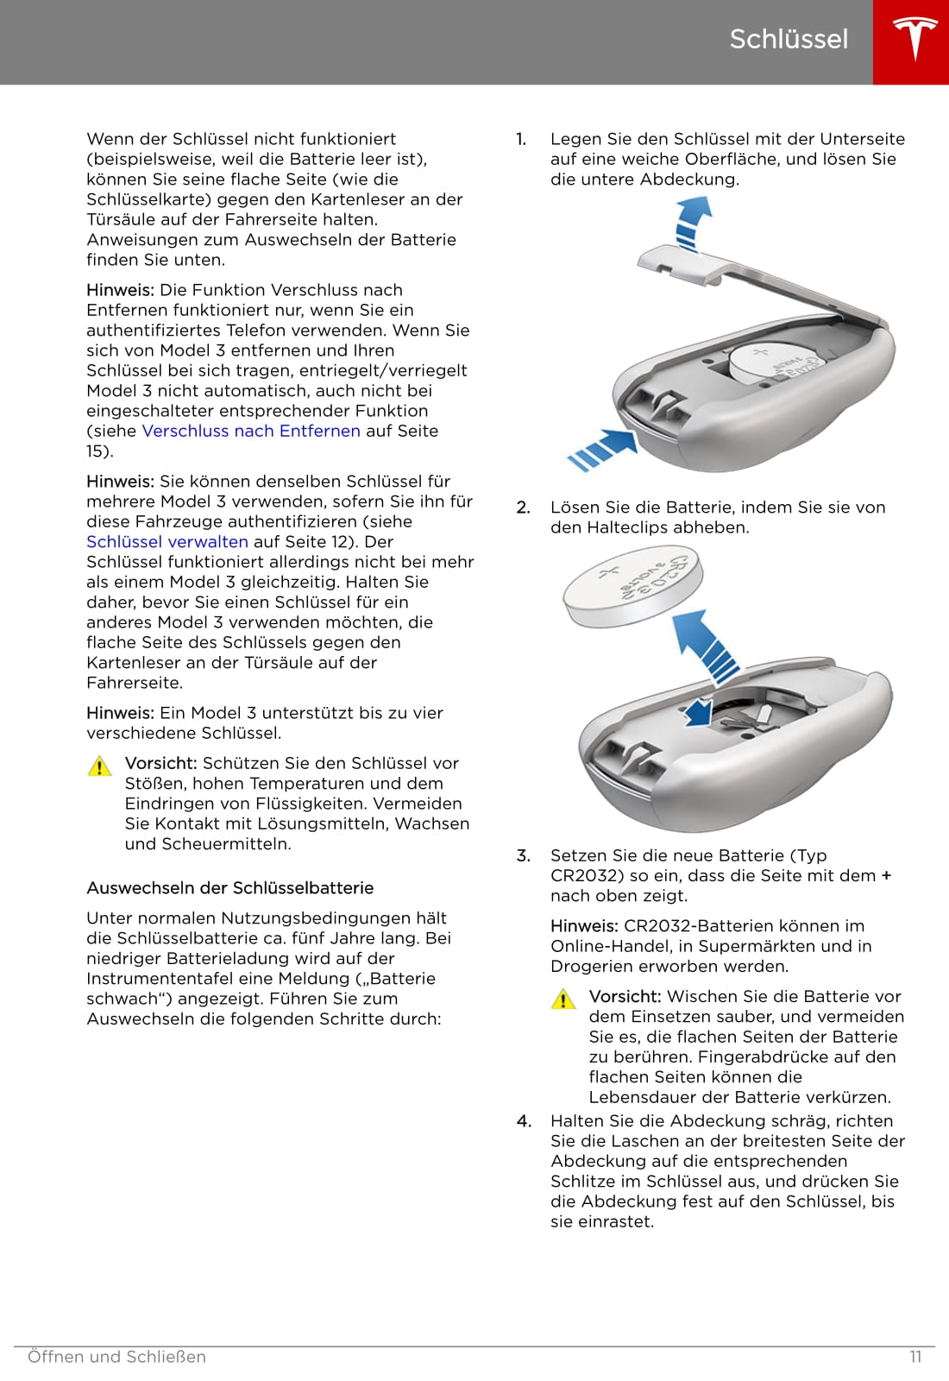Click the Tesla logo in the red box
click(x=911, y=41)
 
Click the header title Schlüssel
click(x=789, y=39)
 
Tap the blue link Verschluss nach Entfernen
click(x=251, y=431)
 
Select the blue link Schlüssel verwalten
click(x=167, y=541)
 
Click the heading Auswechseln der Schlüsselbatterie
click(x=230, y=887)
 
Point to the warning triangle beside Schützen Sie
click(x=100, y=766)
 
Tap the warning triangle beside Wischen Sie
click(x=563, y=999)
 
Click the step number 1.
click(x=521, y=139)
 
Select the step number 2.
click(x=523, y=508)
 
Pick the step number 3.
click(x=523, y=855)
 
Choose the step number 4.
click(x=524, y=1120)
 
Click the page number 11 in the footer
click(x=915, y=1357)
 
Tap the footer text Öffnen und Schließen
click(x=116, y=1357)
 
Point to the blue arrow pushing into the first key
click(x=604, y=448)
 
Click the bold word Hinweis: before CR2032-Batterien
click(x=584, y=925)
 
